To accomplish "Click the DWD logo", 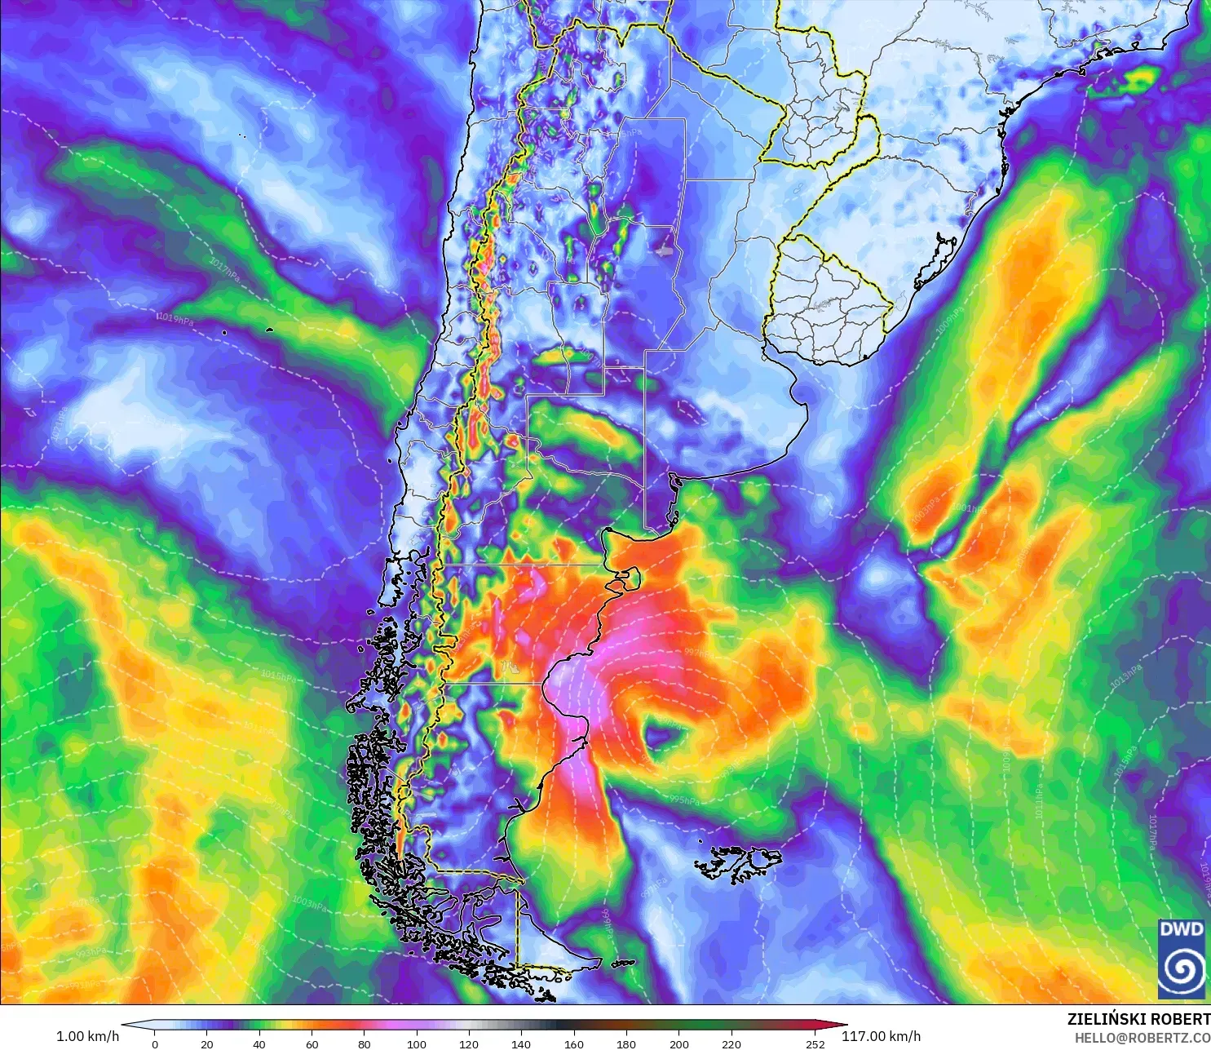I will (x=1181, y=959).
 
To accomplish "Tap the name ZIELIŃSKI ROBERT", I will (x=1138, y=1019).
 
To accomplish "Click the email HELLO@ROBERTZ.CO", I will (x=1142, y=1038).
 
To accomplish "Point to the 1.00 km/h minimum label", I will (x=87, y=1036).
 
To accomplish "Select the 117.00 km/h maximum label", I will (x=881, y=1036).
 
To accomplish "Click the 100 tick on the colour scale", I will (x=417, y=1043).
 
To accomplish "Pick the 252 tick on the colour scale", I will (x=815, y=1043).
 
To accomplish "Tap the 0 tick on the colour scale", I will (x=155, y=1043).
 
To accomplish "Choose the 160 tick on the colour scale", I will (x=573, y=1043).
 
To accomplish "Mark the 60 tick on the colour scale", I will (x=312, y=1043).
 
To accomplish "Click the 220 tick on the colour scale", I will (x=731, y=1043).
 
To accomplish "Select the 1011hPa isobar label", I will (x=1040, y=804).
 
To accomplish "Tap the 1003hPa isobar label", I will (x=309, y=903).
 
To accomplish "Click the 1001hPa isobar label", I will (x=968, y=509).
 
